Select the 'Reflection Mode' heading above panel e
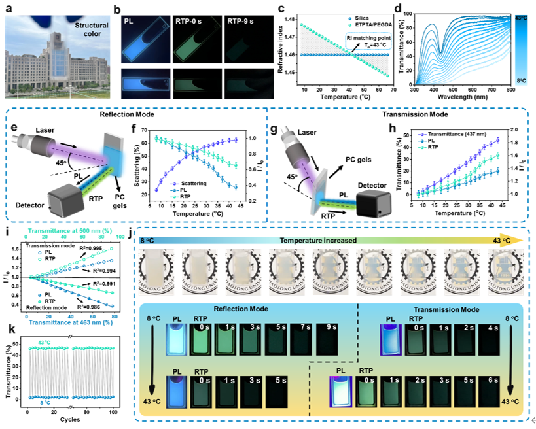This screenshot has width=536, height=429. (139, 113)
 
